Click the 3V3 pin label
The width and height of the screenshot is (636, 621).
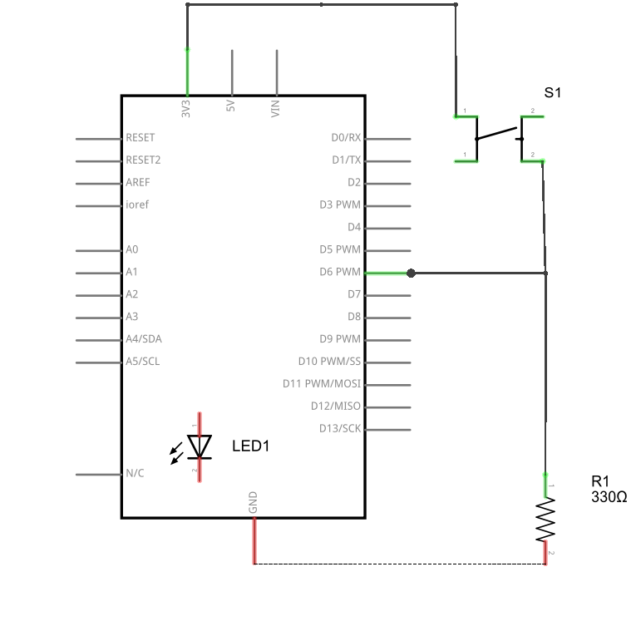(x=185, y=109)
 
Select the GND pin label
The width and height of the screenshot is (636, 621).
(x=253, y=502)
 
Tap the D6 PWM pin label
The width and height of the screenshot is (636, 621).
(x=340, y=272)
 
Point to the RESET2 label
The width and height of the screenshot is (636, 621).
(x=143, y=160)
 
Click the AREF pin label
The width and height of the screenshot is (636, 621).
(x=138, y=182)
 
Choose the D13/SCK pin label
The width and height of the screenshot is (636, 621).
(x=340, y=428)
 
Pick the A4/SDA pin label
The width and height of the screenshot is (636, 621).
(x=144, y=338)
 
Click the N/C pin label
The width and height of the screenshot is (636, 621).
(x=135, y=473)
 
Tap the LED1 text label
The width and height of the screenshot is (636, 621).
(x=251, y=446)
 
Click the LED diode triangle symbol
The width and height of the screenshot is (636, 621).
(x=200, y=446)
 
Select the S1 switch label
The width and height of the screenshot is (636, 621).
(x=552, y=92)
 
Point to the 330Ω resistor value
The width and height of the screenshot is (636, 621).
(x=609, y=497)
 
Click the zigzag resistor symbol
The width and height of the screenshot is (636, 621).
(x=545, y=520)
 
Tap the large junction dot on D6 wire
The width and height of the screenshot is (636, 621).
(x=411, y=273)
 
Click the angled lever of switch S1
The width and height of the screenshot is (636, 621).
(x=497, y=134)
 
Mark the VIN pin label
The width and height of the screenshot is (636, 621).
(x=275, y=109)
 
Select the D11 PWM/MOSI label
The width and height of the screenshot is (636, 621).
(x=322, y=383)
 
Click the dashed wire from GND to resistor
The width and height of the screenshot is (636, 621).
(x=400, y=564)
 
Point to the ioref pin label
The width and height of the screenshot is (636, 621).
(x=137, y=205)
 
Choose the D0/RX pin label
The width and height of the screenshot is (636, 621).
(x=346, y=137)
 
